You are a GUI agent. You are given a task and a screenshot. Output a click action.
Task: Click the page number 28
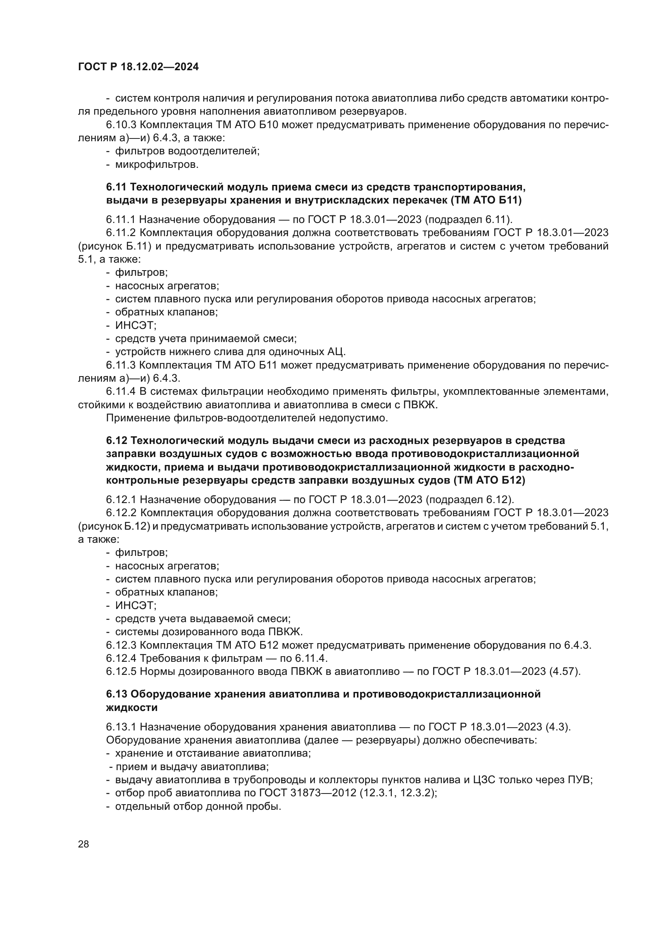click(83, 844)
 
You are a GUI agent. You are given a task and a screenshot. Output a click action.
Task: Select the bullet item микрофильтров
click(156, 165)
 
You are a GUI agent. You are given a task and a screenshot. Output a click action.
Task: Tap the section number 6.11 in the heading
click(116, 187)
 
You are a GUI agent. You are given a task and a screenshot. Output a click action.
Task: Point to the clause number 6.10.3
click(121, 125)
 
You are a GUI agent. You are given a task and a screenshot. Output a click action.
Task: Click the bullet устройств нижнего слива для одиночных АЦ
click(230, 351)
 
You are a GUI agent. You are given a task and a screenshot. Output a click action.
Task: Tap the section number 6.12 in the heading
click(116, 440)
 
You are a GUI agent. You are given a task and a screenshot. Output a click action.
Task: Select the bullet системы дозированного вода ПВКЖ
click(209, 631)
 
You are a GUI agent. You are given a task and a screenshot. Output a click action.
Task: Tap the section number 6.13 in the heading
click(116, 694)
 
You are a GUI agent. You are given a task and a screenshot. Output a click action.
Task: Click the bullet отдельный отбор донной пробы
click(198, 806)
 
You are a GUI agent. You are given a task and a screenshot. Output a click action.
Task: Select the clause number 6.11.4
click(122, 391)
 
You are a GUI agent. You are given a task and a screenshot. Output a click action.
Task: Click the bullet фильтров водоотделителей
click(187, 151)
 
